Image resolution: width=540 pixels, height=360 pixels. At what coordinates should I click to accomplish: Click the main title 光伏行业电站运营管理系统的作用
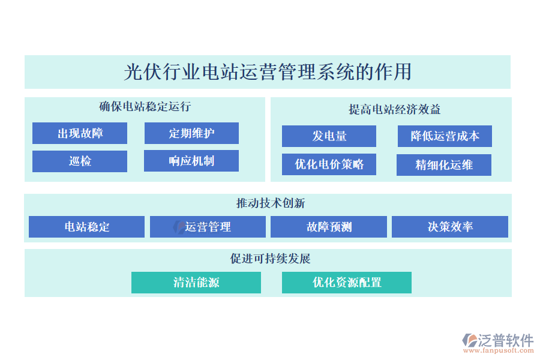pyautogui.click(x=268, y=72)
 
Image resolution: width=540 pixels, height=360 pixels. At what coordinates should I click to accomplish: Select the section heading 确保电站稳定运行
pyautogui.click(x=145, y=107)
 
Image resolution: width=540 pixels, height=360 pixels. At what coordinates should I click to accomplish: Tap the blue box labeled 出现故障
pyautogui.click(x=80, y=133)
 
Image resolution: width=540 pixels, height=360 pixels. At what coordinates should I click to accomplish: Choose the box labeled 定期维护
pyautogui.click(x=191, y=133)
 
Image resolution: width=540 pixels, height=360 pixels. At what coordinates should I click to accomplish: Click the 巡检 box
pyautogui.click(x=80, y=161)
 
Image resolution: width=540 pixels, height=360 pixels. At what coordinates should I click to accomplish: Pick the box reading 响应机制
pyautogui.click(x=191, y=161)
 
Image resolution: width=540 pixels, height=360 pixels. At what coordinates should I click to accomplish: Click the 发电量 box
pyautogui.click(x=329, y=136)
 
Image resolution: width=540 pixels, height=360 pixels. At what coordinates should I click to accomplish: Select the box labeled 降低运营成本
pyautogui.click(x=445, y=136)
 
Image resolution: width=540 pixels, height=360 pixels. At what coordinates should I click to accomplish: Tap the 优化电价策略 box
pyautogui.click(x=329, y=164)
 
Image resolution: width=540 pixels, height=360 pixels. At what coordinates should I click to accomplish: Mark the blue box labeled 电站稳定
pyautogui.click(x=87, y=227)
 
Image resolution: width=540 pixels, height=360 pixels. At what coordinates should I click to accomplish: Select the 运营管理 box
pyautogui.click(x=208, y=227)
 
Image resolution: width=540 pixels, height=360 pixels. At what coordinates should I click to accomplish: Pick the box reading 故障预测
pyautogui.click(x=329, y=227)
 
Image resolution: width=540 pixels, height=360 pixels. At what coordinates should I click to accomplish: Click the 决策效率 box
pyautogui.click(x=450, y=227)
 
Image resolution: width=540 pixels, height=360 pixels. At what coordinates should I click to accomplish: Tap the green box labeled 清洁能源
pyautogui.click(x=196, y=283)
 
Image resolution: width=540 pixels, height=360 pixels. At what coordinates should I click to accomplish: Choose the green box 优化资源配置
pyautogui.click(x=347, y=283)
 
